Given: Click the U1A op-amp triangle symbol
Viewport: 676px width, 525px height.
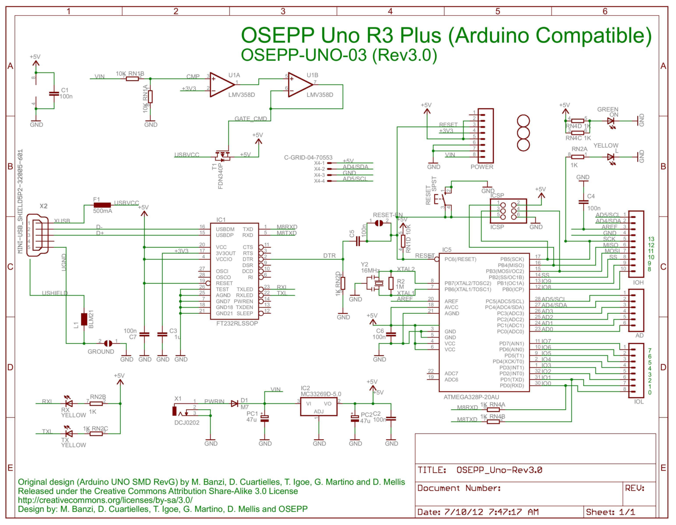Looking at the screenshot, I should (221, 84).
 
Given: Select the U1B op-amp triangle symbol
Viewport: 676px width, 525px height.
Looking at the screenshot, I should (300, 84).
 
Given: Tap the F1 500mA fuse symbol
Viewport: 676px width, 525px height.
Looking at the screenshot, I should (102, 205).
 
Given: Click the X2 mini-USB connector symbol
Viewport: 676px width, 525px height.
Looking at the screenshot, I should (38, 235).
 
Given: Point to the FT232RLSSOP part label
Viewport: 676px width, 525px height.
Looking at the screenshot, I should (237, 323).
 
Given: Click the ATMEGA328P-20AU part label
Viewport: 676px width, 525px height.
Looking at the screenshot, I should (471, 397).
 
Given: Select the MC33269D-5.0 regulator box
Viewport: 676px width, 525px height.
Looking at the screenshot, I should (319, 407).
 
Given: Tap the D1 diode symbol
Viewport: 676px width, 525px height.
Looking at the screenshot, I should (234, 403).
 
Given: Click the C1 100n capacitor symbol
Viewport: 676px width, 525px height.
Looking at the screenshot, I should (54, 93).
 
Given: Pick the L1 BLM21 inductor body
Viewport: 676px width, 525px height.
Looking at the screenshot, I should (84, 319).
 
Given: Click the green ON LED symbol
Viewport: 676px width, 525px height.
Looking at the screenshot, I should (611, 121).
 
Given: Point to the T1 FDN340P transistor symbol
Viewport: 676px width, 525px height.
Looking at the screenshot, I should (223, 155).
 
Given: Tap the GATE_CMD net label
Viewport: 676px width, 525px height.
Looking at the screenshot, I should (250, 119).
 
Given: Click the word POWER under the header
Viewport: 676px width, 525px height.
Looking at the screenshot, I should (481, 167).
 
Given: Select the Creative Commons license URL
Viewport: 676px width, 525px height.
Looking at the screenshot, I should (105, 500).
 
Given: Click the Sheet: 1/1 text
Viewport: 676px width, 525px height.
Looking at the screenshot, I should (610, 512).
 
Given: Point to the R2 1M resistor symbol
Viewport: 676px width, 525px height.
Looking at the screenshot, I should (391, 283).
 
